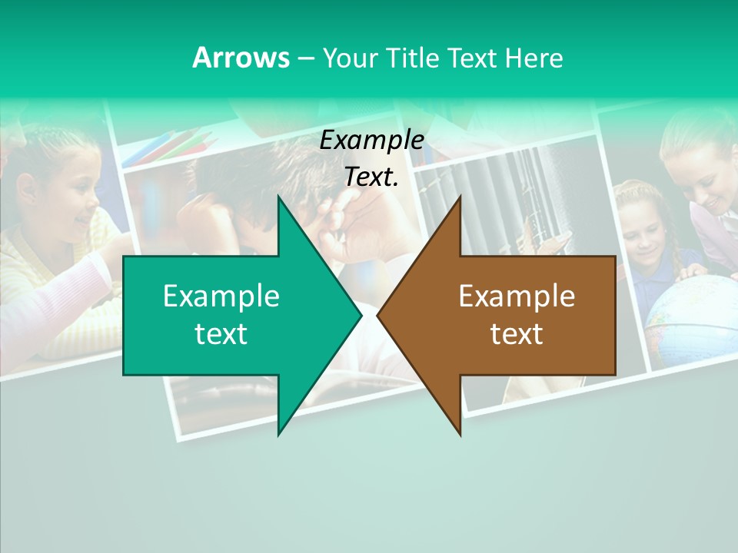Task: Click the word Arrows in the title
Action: point(241,58)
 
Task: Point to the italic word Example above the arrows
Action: point(372,140)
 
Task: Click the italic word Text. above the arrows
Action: point(372,177)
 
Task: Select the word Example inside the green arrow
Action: point(221,296)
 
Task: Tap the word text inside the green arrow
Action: point(221,333)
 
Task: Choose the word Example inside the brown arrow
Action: point(517,296)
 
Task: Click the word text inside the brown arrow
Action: point(517,333)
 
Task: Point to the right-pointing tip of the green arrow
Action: point(361,316)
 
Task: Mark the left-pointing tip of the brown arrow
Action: point(378,316)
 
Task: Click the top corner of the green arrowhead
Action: point(279,197)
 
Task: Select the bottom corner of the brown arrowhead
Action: point(460,434)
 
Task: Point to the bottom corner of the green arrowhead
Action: point(279,434)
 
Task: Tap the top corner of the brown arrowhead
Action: point(460,197)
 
